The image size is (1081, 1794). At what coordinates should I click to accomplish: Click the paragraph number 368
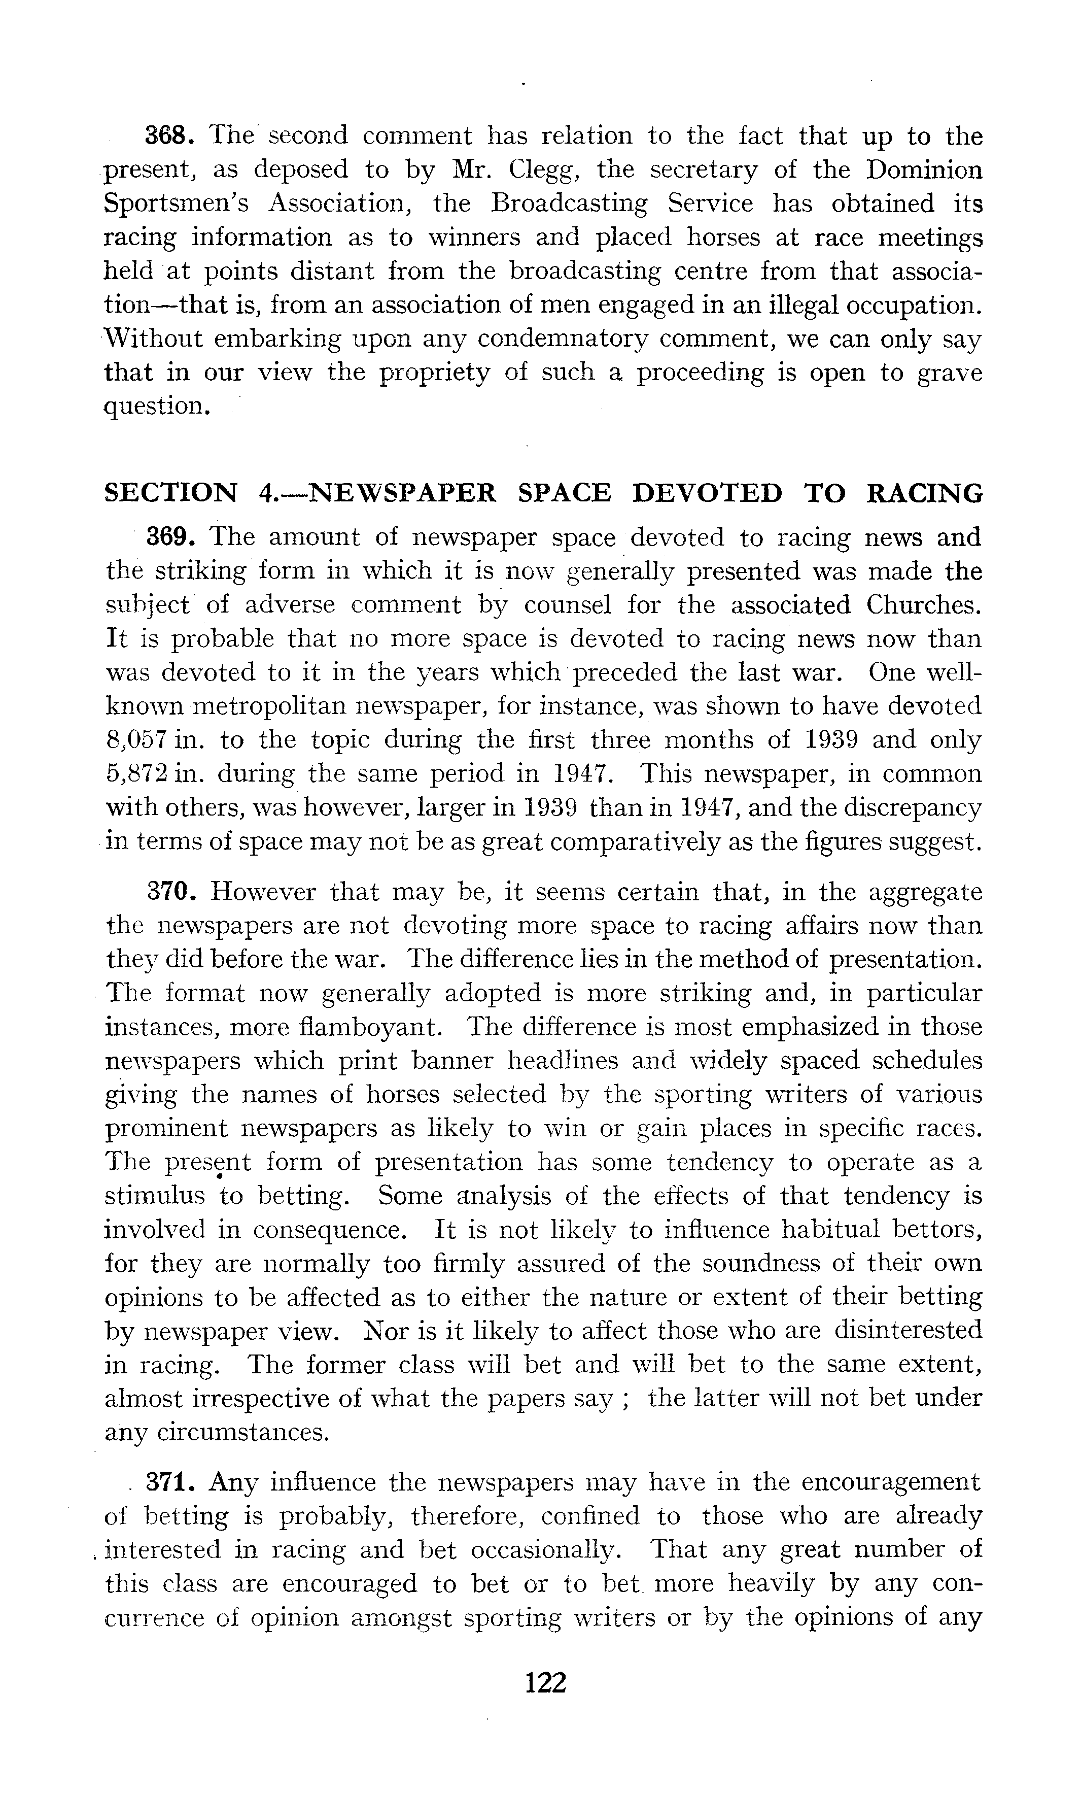167,136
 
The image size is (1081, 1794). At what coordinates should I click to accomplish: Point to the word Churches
924,604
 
